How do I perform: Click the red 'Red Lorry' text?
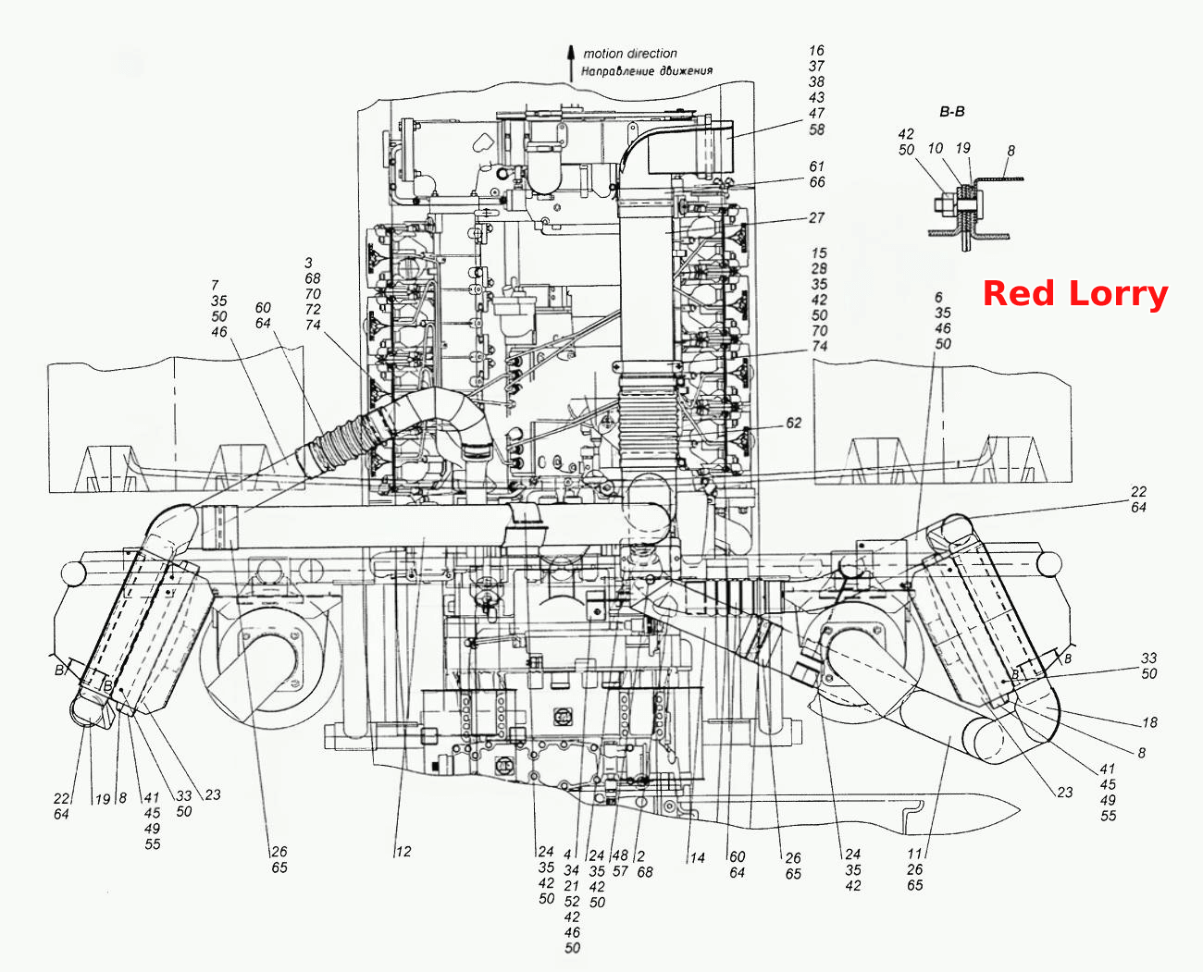(1074, 294)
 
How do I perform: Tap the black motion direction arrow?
(571, 63)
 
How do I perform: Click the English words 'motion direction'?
(630, 54)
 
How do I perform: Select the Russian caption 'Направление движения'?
(647, 71)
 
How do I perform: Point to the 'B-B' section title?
(951, 112)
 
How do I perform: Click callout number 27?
(817, 217)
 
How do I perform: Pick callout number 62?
(794, 423)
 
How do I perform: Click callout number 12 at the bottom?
(403, 851)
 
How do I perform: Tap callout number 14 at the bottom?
(698, 858)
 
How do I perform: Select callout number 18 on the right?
(1150, 722)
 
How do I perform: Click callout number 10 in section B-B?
(936, 148)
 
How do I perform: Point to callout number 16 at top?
(817, 50)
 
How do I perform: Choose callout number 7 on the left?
(215, 285)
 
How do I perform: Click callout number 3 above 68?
(308, 263)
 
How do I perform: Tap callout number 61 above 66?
(817, 166)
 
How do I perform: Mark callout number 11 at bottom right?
(915, 854)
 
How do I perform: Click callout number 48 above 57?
(620, 855)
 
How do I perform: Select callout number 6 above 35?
(938, 297)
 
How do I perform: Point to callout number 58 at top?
(817, 129)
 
